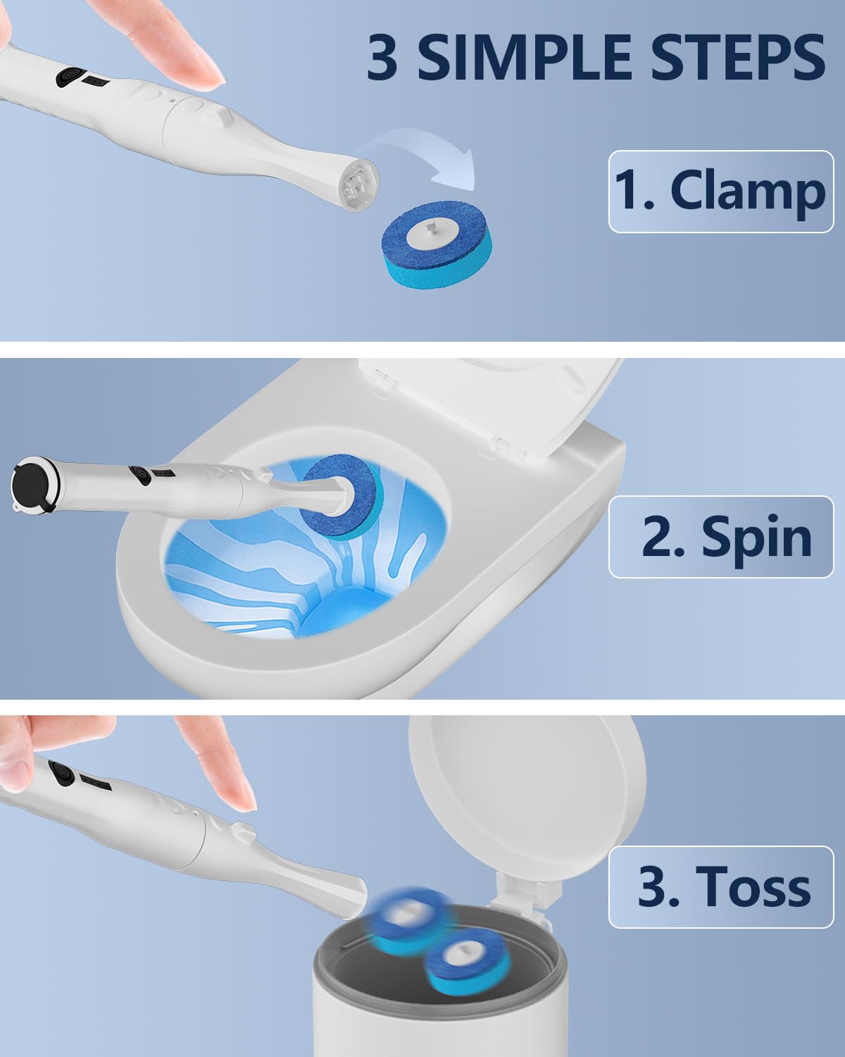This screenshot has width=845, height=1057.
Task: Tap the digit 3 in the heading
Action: (x=382, y=57)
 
